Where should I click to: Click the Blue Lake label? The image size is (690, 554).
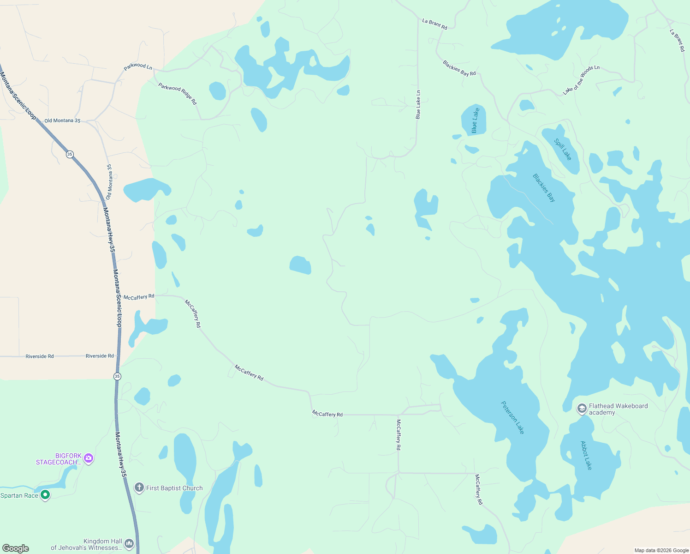coord(475,120)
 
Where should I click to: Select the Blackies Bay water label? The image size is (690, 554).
coord(544,188)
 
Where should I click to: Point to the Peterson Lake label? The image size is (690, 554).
coord(513,417)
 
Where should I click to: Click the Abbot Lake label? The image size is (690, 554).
coord(586,455)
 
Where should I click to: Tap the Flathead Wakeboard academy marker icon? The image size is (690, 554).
coord(582,408)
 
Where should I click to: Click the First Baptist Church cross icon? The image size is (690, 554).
coord(139,488)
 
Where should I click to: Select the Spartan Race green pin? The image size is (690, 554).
coord(45,495)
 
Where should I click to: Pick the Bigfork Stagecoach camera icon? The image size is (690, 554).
coord(89,458)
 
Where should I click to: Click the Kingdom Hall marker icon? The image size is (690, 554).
coord(129,543)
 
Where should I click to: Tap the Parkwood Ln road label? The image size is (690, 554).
coord(138,67)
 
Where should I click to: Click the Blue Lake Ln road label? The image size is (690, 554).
coord(418,105)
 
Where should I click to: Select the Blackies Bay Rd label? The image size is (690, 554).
coord(459,68)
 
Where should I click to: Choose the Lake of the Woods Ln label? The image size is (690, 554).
coord(581,80)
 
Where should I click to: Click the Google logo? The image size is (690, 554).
coord(16,548)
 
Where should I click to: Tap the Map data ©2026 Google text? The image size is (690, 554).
coord(661,550)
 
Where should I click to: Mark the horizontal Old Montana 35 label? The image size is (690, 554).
coord(62,120)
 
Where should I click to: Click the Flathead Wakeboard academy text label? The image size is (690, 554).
coord(618,409)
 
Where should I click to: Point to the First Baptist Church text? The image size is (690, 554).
coord(174,488)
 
